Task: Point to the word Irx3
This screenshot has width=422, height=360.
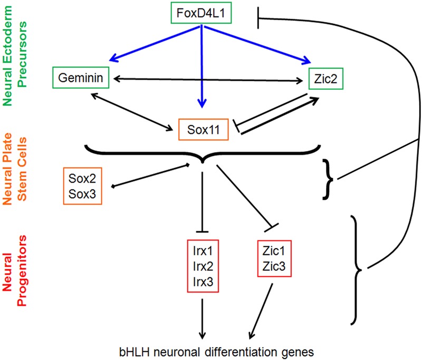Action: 202,283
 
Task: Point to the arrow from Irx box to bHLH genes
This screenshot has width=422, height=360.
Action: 202,316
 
